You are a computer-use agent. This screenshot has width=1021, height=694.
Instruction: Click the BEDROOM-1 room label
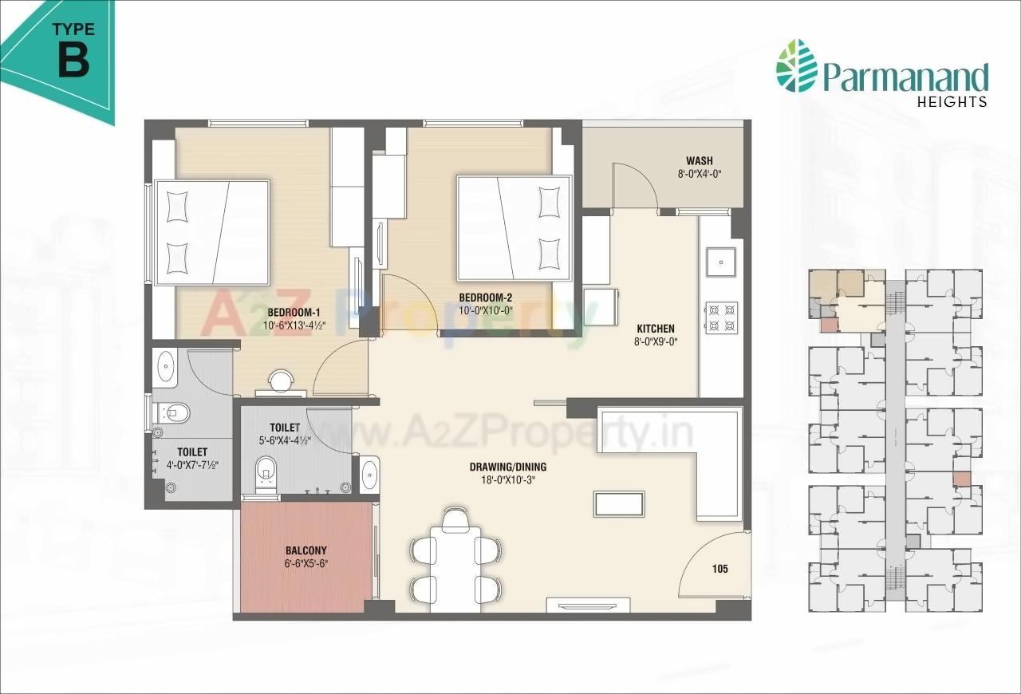[294, 311]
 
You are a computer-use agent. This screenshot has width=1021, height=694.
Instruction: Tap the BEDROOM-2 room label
[485, 298]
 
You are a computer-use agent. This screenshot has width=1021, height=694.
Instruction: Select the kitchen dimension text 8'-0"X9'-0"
[655, 342]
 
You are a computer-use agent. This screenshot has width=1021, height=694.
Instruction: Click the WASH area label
[699, 160]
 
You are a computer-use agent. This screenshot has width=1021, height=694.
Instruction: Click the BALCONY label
[306, 550]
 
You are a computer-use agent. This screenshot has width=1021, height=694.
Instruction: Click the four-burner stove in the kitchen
[721, 317]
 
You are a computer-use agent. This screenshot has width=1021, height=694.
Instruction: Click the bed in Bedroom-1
[212, 232]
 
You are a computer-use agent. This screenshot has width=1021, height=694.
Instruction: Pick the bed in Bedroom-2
[514, 228]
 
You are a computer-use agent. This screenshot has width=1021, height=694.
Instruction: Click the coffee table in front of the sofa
[619, 504]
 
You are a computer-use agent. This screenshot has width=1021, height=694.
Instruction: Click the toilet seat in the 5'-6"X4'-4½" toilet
[265, 474]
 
